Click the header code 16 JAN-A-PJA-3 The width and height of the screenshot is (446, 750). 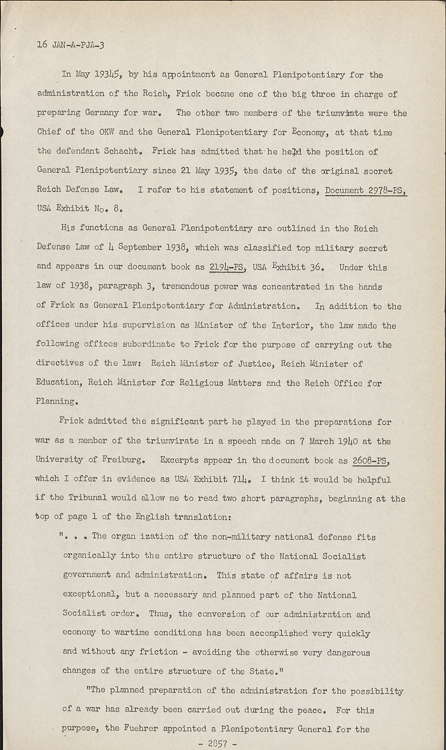[70, 44]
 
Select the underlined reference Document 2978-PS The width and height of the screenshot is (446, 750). [366, 190]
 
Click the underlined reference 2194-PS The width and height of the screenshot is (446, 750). [228, 267]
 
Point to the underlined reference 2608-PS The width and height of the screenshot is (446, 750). [371, 460]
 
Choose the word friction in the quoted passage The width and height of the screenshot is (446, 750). [160, 652]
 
